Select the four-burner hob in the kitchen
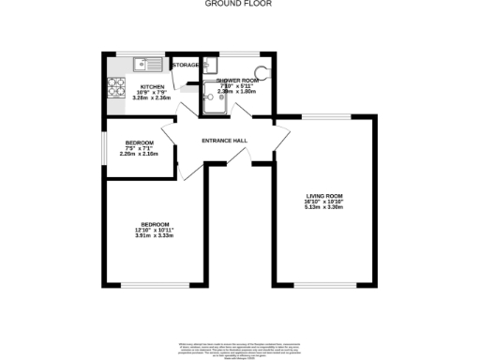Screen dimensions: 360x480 pyautogui.click(x=118, y=86)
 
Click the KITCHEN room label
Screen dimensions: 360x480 pyautogui.click(x=153, y=85)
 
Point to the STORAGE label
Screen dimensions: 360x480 pyautogui.click(x=187, y=65)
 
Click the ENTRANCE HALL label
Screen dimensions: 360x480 pyautogui.click(x=225, y=141)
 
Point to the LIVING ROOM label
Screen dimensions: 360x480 pyautogui.click(x=324, y=195)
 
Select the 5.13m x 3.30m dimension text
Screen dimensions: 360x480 pyautogui.click(x=324, y=207)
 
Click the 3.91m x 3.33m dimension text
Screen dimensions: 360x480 pyautogui.click(x=155, y=235)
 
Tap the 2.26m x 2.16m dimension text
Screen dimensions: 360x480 pyautogui.click(x=139, y=153)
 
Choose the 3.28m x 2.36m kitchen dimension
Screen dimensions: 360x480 pyautogui.click(x=153, y=97)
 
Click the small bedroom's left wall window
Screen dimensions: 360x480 pyautogui.click(x=106, y=146)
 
